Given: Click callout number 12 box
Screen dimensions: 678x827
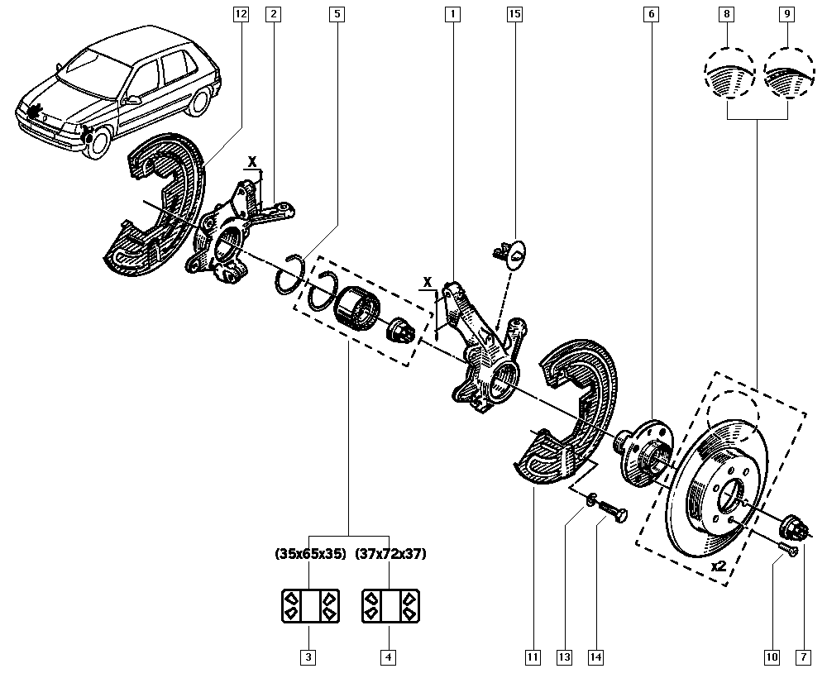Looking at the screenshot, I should point(241,14).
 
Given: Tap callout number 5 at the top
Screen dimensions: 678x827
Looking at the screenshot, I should point(337,14).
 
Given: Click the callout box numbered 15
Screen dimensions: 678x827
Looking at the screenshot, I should point(514,14).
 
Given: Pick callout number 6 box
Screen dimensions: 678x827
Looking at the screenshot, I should point(651,14).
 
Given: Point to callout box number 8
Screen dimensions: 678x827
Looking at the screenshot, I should point(727,14).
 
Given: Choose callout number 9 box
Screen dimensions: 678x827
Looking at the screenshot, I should point(786,14).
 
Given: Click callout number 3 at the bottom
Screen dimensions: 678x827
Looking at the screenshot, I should point(307,657).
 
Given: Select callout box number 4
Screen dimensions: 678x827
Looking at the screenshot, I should point(388,657).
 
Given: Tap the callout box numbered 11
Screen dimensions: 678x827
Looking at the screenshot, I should point(533,657).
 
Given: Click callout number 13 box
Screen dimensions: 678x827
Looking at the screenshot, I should point(564,657).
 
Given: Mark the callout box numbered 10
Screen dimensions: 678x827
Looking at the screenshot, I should point(772,657).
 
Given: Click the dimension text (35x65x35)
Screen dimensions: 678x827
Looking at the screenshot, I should point(309,555).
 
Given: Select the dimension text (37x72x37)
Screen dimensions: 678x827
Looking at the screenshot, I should point(390,555).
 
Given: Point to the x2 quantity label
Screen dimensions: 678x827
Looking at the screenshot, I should point(718,567).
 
